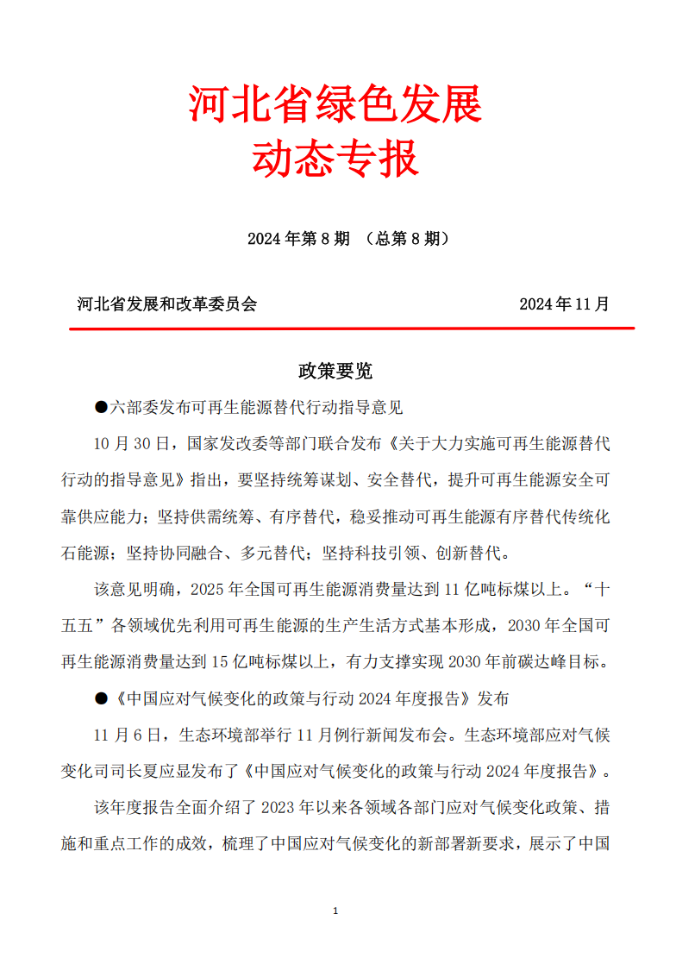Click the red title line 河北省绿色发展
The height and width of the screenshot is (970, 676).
(335, 105)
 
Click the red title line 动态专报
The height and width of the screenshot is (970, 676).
(335, 160)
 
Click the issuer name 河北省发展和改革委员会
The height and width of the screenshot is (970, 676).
(167, 304)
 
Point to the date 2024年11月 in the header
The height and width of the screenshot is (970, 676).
(564, 304)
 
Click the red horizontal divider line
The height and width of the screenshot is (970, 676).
(352, 329)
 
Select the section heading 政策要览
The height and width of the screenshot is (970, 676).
(335, 371)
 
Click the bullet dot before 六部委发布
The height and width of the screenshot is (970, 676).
(100, 407)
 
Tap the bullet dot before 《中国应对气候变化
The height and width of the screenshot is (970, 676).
(100, 698)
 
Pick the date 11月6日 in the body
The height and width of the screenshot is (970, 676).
(128, 735)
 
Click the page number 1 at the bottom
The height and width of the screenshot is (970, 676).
(335, 911)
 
